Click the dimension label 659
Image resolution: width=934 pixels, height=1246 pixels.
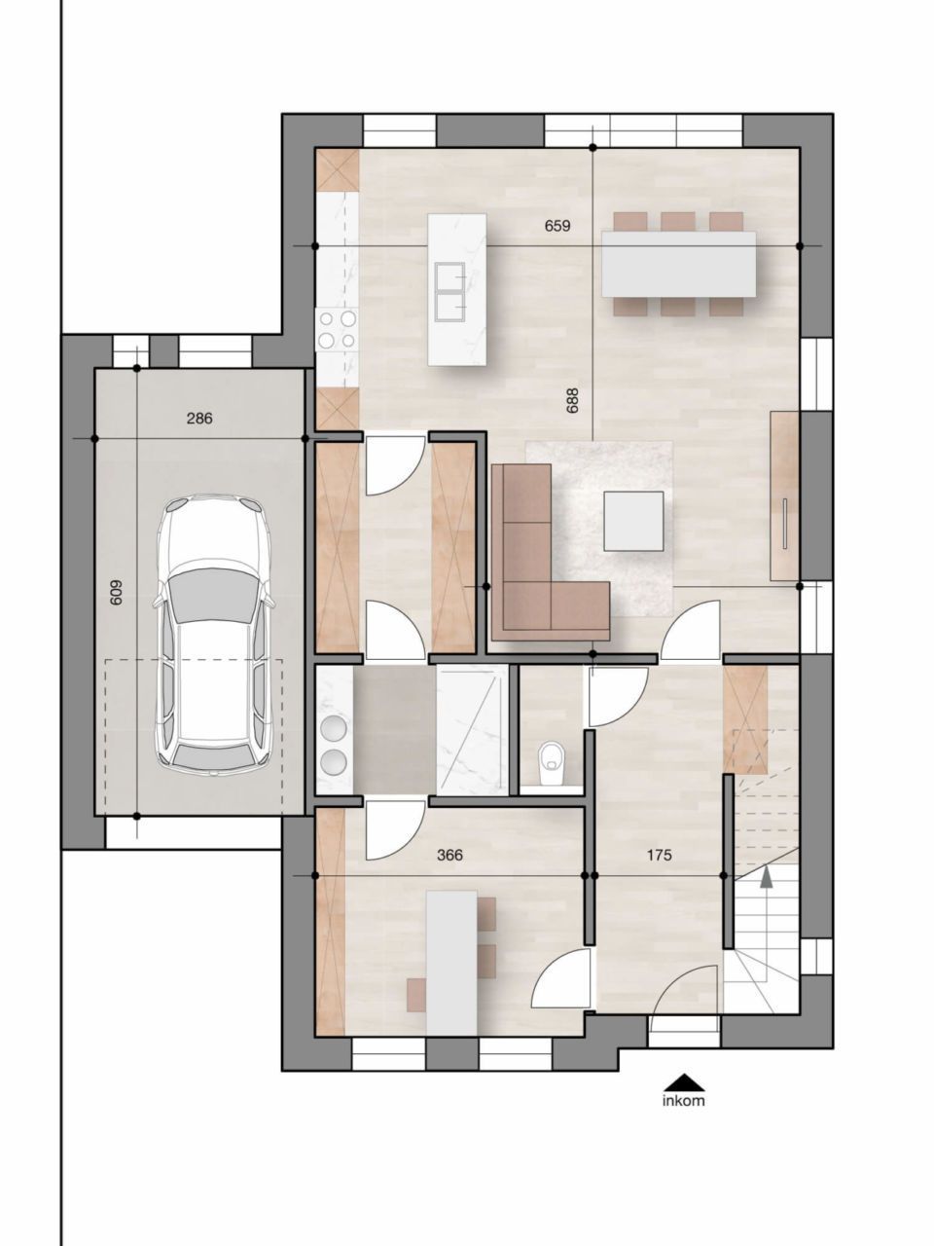pyautogui.click(x=557, y=226)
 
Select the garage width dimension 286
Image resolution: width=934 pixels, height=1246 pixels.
pyautogui.click(x=199, y=420)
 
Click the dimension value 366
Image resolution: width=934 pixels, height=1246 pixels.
pyautogui.click(x=449, y=856)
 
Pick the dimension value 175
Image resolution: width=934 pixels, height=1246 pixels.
pyautogui.click(x=660, y=856)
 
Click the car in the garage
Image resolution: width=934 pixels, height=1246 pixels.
pyautogui.click(x=212, y=633)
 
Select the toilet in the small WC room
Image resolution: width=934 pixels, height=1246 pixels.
pyautogui.click(x=553, y=761)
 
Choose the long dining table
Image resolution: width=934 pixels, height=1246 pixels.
pyautogui.click(x=679, y=264)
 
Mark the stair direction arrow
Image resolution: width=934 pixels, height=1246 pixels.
pyautogui.click(x=767, y=879)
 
